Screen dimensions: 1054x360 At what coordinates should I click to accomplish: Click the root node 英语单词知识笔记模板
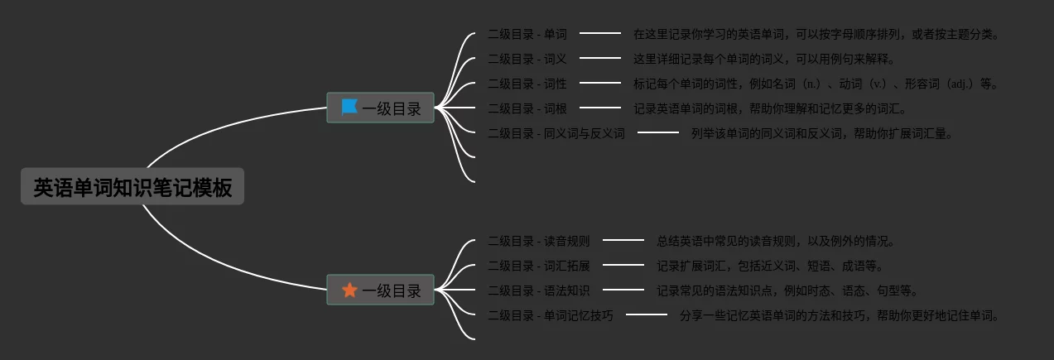[132, 186]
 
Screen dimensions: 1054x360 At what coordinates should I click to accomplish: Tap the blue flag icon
[349, 107]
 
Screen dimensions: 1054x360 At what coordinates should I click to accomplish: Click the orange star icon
[349, 290]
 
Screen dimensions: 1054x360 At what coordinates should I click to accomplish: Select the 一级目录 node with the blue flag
[380, 108]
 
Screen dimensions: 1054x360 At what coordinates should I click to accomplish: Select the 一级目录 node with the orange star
[380, 290]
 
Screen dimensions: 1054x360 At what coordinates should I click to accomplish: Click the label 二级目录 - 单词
[527, 34]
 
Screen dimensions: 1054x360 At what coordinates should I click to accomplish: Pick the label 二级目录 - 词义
[527, 59]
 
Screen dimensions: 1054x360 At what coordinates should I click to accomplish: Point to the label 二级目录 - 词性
[527, 84]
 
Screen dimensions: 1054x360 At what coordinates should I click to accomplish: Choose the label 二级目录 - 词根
[527, 108]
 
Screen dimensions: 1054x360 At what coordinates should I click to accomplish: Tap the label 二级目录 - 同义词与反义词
[556, 133]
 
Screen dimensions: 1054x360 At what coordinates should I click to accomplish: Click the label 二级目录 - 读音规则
[539, 241]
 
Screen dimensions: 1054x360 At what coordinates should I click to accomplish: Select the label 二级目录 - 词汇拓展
[539, 266]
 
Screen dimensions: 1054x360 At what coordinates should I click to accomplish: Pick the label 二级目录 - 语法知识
[539, 290]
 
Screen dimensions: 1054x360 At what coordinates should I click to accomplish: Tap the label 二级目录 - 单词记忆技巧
[551, 315]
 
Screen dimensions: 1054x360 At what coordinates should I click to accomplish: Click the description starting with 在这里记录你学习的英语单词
[816, 34]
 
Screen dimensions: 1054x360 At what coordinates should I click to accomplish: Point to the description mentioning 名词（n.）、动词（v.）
[816, 84]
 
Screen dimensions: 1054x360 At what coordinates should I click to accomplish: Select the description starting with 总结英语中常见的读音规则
[776, 241]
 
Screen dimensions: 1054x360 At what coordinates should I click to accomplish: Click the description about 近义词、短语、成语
[770, 266]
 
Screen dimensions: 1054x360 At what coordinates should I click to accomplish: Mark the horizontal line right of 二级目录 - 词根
[600, 108]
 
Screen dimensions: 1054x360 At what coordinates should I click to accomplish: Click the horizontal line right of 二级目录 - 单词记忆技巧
[647, 314]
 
